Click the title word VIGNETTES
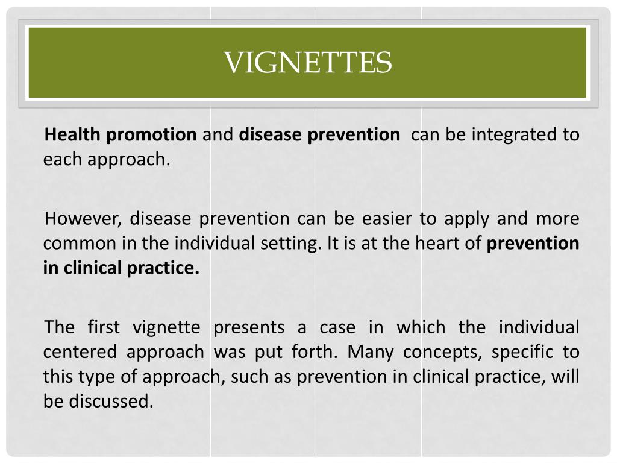[x=308, y=63]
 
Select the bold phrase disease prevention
[x=319, y=134]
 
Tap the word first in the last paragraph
[x=104, y=327]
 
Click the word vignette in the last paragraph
[x=166, y=327]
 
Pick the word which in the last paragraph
[x=421, y=327]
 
